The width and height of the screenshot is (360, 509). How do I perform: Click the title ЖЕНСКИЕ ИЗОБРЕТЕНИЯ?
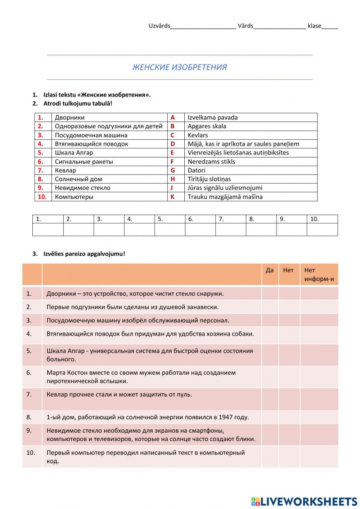point(180,67)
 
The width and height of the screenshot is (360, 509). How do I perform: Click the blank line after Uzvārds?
point(203,26)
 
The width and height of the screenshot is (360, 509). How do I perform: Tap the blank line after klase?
point(330,26)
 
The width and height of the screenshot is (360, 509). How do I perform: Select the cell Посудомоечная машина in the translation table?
point(91,135)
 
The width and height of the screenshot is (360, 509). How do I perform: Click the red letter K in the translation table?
point(172,197)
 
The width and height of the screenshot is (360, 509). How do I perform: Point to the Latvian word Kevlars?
point(198,135)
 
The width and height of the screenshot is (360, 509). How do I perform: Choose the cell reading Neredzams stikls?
point(211,161)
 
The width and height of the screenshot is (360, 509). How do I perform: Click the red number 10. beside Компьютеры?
point(42,197)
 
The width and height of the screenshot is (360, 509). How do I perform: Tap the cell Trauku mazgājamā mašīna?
point(225,197)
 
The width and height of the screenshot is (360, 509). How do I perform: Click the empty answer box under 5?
point(170,229)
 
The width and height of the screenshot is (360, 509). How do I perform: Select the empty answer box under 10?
point(322,229)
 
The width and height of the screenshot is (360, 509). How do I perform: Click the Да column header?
point(270,270)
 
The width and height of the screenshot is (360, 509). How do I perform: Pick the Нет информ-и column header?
point(319,274)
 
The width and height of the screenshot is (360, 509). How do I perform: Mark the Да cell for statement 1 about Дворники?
point(270,294)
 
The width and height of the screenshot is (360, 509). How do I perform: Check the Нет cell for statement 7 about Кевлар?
point(289,399)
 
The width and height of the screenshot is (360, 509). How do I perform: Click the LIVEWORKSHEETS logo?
point(304,501)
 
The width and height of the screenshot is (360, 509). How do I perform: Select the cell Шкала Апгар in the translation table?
point(74,152)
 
